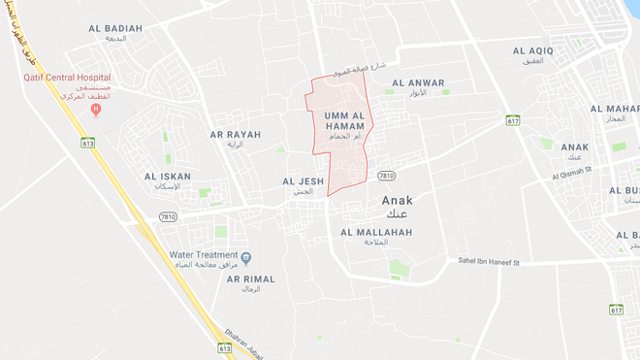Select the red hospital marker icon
pos(95,109)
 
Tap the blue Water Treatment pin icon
pos(246,258)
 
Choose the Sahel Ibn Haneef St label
pos(490,261)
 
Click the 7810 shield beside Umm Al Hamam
pos(386,176)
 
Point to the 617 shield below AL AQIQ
pos(512,120)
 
